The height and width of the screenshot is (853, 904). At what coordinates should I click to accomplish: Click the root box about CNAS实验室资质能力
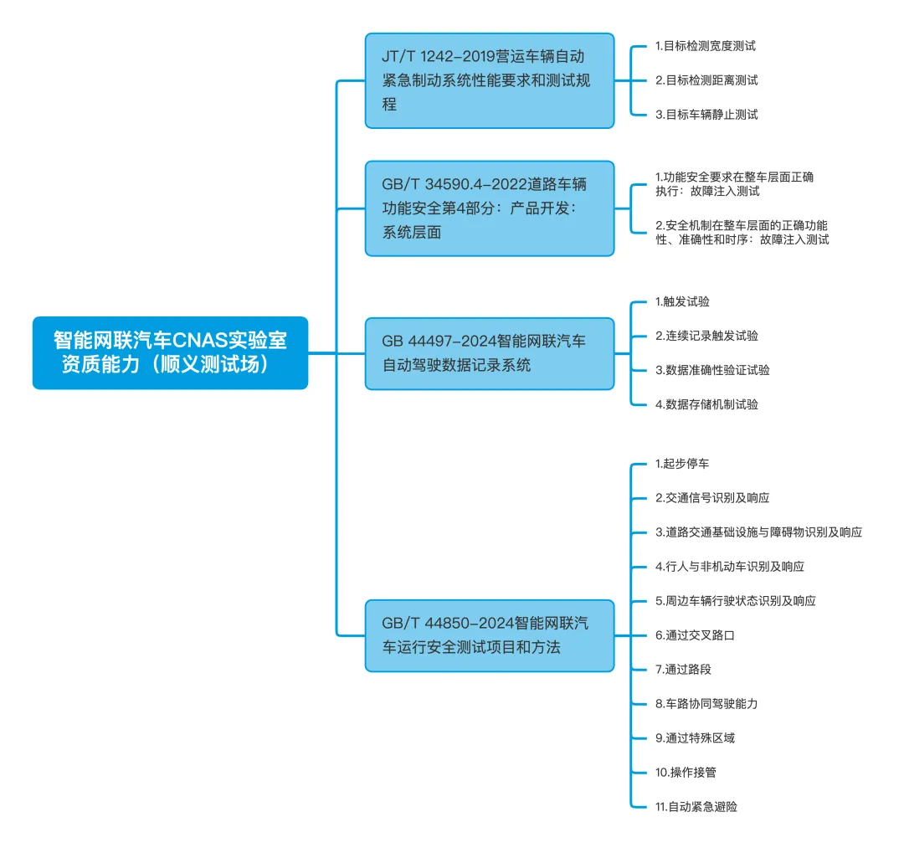tap(170, 352)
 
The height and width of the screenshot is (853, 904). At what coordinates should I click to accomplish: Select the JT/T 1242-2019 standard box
tap(490, 80)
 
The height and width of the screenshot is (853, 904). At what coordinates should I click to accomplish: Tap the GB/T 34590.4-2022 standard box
tap(490, 208)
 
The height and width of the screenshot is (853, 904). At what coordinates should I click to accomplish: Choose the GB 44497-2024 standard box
tap(490, 353)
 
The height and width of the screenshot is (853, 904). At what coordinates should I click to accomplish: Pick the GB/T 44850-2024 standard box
tap(490, 635)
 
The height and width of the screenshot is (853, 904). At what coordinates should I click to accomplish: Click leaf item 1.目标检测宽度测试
tap(705, 46)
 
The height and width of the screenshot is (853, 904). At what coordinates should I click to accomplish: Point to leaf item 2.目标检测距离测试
tap(706, 80)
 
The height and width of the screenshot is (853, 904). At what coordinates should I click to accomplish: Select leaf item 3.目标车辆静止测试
tap(706, 115)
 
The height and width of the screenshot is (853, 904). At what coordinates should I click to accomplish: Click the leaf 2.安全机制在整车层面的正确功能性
tap(742, 232)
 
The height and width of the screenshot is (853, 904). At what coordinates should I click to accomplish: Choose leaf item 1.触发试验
tap(682, 301)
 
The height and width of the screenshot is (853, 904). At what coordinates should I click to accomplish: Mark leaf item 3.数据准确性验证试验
tap(712, 370)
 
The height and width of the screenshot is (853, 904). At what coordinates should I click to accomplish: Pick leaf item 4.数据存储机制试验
tap(706, 404)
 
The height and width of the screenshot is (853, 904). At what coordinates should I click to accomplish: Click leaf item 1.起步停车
tap(682, 463)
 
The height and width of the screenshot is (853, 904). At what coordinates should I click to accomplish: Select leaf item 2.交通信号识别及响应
tap(712, 497)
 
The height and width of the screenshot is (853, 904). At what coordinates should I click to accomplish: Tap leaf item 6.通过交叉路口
tap(695, 635)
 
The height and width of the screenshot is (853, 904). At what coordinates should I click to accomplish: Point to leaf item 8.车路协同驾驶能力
tap(706, 704)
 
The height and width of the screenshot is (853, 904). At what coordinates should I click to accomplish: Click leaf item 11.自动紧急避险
tap(697, 807)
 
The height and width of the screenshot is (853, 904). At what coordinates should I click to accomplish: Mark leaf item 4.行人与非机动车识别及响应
tap(730, 566)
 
